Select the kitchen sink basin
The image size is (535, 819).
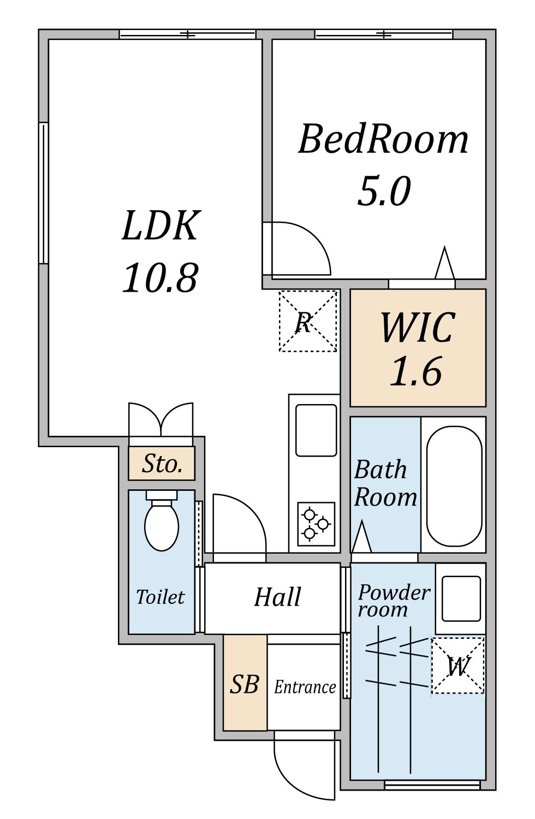316,430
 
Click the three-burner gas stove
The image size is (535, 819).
316,524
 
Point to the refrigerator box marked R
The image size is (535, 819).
307,321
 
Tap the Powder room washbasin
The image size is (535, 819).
461,599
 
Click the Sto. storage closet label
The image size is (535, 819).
162,464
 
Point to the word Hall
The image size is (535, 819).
277,597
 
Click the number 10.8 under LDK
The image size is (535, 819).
160,278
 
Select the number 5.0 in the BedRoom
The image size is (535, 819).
384,191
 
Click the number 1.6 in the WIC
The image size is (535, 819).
416,371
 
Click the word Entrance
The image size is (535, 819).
305,687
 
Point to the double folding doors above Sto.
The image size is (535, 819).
161,419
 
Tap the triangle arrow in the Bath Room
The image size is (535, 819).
361,536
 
